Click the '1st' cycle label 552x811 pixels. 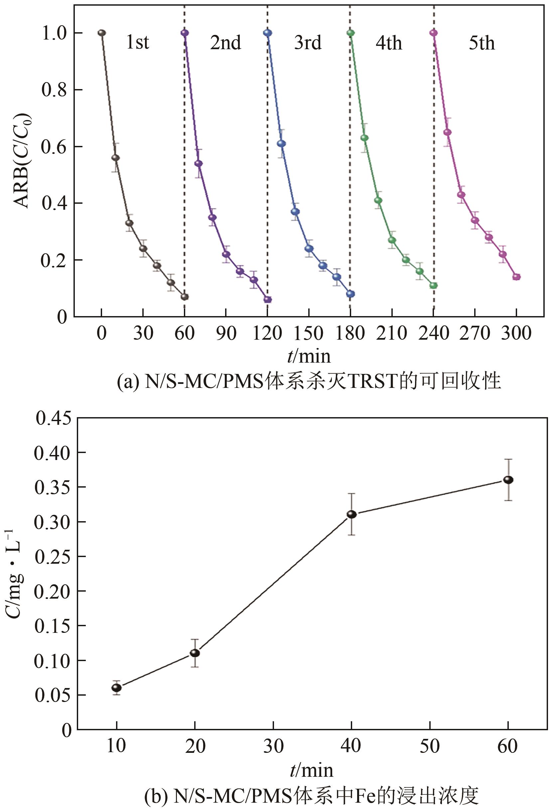[x=138, y=43]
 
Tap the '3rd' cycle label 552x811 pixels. [x=308, y=43]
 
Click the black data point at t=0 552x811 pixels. [x=102, y=33]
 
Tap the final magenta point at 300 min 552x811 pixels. [x=516, y=277]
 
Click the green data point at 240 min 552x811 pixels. [x=434, y=286]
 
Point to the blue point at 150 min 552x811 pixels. [x=309, y=249]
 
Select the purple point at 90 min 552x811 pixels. [x=226, y=254]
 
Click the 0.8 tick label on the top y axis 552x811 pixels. [x=54, y=90]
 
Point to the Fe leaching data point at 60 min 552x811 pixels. [x=508, y=480]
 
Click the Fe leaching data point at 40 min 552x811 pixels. [x=351, y=515]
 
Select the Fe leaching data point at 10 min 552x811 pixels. [x=117, y=687]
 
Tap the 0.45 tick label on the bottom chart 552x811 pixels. [x=53, y=418]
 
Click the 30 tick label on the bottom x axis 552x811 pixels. [x=273, y=746]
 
